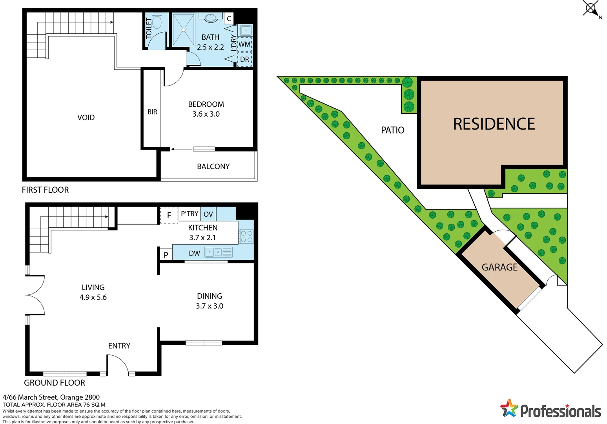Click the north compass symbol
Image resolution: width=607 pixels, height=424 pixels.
coord(591,8)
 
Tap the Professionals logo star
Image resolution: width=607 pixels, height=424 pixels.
coord(509,408)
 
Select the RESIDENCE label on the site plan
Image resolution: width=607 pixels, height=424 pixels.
coord(494,124)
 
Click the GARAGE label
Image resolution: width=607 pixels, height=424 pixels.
coord(499,267)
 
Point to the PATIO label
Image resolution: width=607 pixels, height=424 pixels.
coord(392,130)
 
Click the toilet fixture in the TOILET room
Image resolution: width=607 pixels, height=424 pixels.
coord(157,22)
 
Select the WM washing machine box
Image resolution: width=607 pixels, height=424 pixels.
coord(244,44)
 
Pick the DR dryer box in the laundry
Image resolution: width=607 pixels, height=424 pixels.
coord(244,60)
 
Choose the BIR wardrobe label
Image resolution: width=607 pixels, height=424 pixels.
coord(152,112)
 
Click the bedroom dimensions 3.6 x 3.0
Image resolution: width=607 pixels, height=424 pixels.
coord(206,114)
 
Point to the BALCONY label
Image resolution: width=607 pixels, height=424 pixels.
coord(213,166)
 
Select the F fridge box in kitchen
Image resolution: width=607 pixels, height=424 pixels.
coord(169,215)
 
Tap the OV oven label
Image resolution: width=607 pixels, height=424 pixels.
coord(208,214)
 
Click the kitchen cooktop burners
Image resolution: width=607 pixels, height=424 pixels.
coord(246,237)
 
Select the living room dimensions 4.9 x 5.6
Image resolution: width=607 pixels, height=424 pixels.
coord(93,298)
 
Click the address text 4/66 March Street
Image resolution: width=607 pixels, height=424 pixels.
coord(51,397)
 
